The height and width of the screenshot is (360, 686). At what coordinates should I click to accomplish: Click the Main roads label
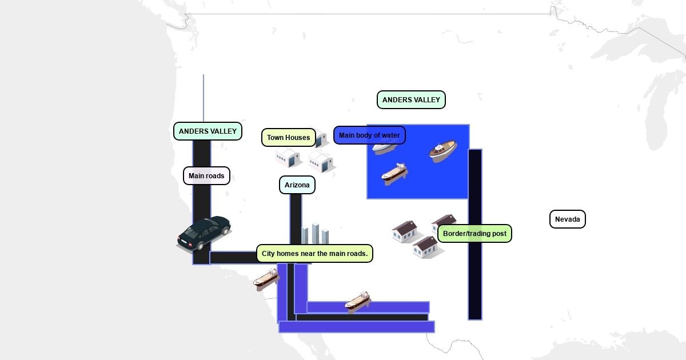(206, 176)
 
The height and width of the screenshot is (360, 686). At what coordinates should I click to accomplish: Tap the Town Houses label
(288, 137)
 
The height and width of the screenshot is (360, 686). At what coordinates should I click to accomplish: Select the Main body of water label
(369, 135)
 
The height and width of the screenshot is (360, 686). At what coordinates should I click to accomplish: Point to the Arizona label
(297, 185)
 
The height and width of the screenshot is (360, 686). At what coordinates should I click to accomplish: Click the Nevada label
(567, 219)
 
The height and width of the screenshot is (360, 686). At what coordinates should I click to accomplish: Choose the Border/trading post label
(474, 234)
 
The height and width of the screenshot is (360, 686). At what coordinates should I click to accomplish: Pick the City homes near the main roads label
(314, 253)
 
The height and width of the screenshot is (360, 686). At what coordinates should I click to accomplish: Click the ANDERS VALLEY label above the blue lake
(411, 100)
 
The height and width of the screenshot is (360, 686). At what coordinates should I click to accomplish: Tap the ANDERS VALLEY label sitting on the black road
(208, 131)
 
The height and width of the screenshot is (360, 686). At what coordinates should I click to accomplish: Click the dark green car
(204, 233)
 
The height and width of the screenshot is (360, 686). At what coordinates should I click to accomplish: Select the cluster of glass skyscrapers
(315, 234)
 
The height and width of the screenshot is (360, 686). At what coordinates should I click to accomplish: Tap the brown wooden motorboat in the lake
(443, 151)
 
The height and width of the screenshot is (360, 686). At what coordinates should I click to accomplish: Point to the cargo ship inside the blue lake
(394, 173)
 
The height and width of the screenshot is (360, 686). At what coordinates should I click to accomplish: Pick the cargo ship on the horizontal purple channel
(358, 302)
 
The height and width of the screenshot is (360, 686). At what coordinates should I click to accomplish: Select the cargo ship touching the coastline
(266, 278)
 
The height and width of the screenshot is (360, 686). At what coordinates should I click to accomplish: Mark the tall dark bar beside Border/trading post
(475, 274)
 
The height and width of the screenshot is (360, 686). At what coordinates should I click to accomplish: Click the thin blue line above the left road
(204, 97)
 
